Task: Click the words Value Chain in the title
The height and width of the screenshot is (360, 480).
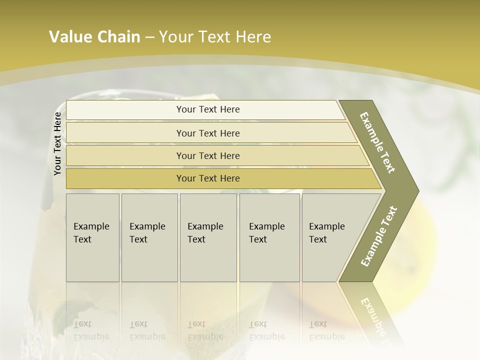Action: click(x=94, y=37)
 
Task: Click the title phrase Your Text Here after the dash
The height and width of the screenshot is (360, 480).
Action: click(x=214, y=37)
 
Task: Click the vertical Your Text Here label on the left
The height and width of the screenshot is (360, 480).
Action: click(x=57, y=143)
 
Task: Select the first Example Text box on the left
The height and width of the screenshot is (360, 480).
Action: click(x=92, y=237)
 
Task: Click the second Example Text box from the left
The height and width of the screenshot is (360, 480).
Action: click(x=149, y=237)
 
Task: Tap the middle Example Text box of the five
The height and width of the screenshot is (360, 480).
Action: click(x=207, y=237)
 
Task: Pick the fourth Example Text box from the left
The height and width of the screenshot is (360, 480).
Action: click(x=269, y=237)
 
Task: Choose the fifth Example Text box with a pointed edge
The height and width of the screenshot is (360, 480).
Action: click(x=330, y=237)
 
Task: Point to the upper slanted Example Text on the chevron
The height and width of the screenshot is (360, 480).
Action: click(x=377, y=142)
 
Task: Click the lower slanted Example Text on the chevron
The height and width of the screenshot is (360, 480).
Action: click(x=379, y=236)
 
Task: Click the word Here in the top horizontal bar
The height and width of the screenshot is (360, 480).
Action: click(x=230, y=109)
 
